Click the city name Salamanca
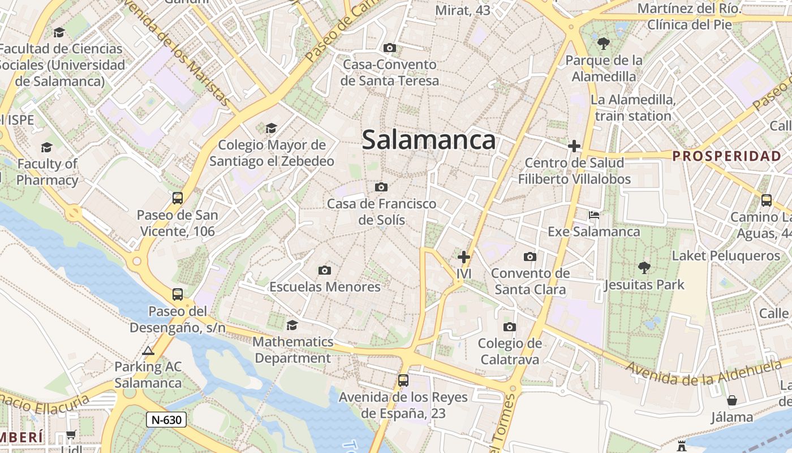point(429,140)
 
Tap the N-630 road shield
point(166,420)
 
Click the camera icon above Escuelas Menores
point(325,270)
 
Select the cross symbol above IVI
point(464,257)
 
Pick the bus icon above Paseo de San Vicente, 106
point(178,198)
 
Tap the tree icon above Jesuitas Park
point(644,267)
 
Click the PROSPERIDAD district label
point(727,156)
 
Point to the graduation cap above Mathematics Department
point(292,325)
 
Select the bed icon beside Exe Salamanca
point(594,215)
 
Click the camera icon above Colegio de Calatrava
point(510,327)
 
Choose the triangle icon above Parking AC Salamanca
point(148,351)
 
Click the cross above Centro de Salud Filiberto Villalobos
point(574,147)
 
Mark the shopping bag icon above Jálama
point(732,400)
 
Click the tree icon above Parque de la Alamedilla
point(604,43)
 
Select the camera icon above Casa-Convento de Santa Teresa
point(390,48)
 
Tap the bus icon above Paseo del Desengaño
point(178,294)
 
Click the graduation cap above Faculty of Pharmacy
point(46,148)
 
